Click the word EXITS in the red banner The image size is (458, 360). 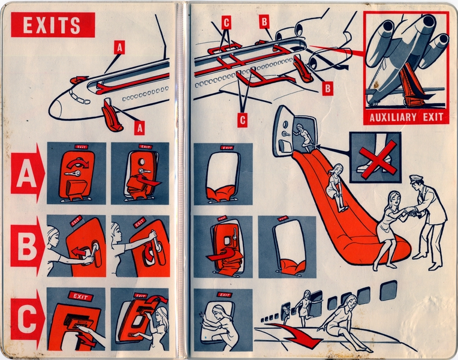pyautogui.click(x=52, y=25)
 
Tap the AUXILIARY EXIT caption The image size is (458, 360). pyautogui.click(x=406, y=116)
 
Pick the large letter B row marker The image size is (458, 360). pyautogui.click(x=25, y=246)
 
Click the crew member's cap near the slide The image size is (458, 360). pyautogui.click(x=416, y=179)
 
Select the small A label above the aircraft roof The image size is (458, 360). pyautogui.click(x=119, y=47)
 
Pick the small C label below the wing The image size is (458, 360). pyautogui.click(x=242, y=119)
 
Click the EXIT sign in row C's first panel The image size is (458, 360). pyautogui.click(x=79, y=296)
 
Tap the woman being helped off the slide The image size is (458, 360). pyautogui.click(x=389, y=225)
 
